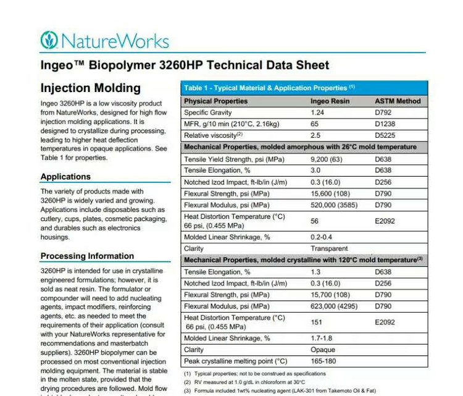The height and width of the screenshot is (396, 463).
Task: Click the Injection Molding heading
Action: click(x=90, y=88)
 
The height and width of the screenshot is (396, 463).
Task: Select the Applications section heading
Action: click(x=74, y=177)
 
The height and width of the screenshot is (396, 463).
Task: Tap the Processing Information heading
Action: click(x=87, y=256)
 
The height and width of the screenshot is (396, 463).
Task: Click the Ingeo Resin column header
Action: click(x=330, y=101)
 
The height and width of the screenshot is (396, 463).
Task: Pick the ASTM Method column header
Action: click(x=398, y=101)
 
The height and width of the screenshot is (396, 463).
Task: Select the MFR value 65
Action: click(x=314, y=124)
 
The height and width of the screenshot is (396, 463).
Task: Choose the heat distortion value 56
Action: click(x=314, y=221)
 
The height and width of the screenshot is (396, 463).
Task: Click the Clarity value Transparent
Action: click(x=329, y=248)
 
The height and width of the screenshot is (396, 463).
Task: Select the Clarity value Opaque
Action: click(x=322, y=350)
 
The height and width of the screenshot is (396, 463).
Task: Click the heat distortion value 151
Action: click(x=316, y=322)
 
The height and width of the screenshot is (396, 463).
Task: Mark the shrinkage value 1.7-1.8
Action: click(x=321, y=338)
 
